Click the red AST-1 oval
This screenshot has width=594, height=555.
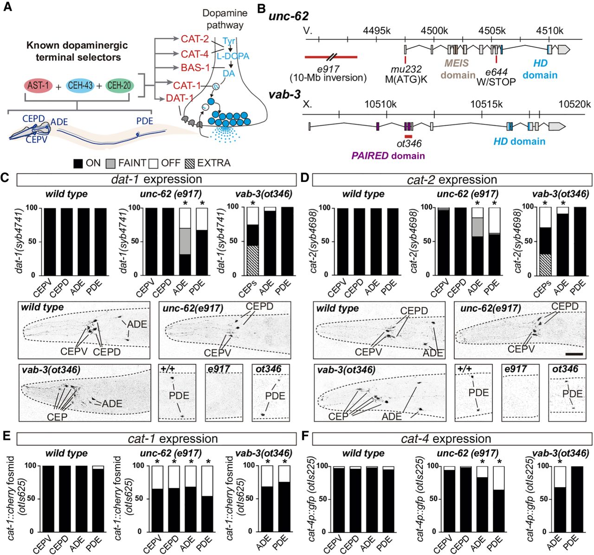coord(38,85)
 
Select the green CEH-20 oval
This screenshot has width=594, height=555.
coord(119,85)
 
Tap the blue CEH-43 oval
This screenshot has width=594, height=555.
coord(80,85)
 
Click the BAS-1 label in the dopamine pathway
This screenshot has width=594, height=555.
coord(195,68)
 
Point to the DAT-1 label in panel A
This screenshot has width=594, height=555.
coord(175,98)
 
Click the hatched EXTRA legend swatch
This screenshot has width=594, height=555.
coord(190,163)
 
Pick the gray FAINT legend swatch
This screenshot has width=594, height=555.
coord(110,163)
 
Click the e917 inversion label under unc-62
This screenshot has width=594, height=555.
coord(328,73)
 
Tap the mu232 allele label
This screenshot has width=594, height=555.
coord(406,69)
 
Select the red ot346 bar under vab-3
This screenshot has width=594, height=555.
coord(408,136)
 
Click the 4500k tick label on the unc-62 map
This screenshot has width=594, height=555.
coord(434,31)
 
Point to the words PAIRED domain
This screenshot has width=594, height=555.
coord(388,156)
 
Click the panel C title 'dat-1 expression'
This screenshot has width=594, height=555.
coord(156,179)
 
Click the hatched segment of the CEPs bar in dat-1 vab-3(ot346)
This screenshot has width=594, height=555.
coord(253,260)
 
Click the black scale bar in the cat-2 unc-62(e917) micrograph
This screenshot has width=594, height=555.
coord(574,354)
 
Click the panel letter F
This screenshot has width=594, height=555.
coord(305,436)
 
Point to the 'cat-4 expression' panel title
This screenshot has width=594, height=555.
coord(446,439)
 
